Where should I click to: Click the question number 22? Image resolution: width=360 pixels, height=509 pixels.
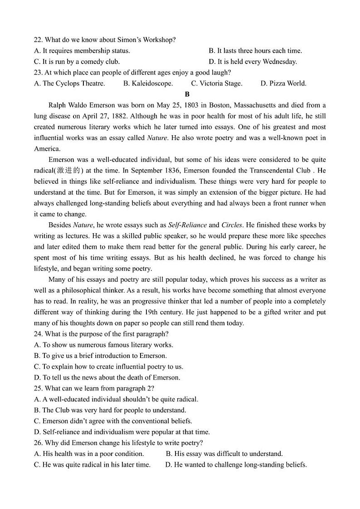[x=38, y=40]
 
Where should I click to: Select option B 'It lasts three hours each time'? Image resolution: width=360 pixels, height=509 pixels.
[x=255, y=51]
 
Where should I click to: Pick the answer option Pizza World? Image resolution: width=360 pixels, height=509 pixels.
[x=283, y=83]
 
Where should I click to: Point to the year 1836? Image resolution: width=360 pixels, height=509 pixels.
[x=146, y=171]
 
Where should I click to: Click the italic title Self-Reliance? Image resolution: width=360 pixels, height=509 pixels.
[x=187, y=225]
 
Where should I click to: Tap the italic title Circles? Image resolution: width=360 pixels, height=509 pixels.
[x=232, y=225]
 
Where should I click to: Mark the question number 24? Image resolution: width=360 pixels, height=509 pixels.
[x=38, y=334]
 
